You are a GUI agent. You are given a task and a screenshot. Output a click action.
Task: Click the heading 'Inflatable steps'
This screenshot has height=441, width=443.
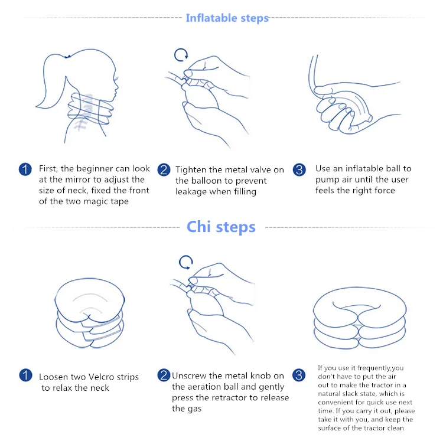[x=227, y=18]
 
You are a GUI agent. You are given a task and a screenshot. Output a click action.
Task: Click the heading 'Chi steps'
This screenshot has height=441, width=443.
[x=221, y=227]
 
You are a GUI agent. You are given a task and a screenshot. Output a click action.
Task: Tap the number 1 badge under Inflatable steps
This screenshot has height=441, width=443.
[x=25, y=169]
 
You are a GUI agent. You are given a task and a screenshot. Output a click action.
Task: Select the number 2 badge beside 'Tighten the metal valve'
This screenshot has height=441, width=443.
[x=164, y=169]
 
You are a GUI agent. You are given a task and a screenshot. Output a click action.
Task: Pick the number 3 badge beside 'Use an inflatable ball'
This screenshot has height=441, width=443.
[x=299, y=169]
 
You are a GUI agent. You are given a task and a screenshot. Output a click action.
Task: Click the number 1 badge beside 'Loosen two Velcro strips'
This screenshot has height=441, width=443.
[x=26, y=375]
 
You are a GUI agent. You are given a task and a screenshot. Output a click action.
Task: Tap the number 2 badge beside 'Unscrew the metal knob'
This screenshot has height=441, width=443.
[x=164, y=375]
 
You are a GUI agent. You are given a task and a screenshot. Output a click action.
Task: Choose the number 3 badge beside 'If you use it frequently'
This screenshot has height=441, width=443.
[x=299, y=375]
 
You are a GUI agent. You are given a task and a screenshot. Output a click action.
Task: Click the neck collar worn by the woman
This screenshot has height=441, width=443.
[x=90, y=109]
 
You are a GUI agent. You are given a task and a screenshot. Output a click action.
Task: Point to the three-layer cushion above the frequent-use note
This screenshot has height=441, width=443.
[x=359, y=318]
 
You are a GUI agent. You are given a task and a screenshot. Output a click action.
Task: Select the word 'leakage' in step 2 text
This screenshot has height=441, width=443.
[x=191, y=192]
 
